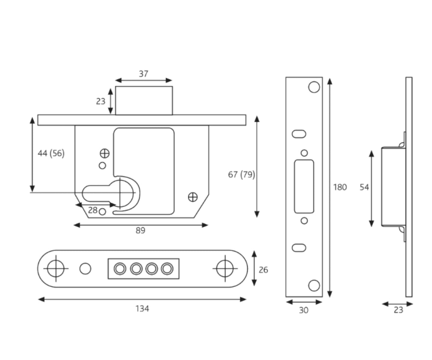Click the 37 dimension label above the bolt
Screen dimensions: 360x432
click(x=144, y=74)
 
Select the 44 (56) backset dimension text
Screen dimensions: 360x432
click(x=51, y=154)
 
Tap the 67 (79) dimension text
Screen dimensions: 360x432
click(x=241, y=175)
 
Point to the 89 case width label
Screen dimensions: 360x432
click(x=140, y=230)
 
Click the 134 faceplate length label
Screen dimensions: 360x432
click(x=142, y=309)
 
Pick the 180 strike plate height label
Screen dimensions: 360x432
click(x=340, y=187)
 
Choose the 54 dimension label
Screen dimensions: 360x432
click(x=364, y=187)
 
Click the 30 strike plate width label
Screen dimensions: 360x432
click(x=304, y=311)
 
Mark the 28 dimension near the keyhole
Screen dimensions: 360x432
click(x=93, y=210)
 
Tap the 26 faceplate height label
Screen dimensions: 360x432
click(x=263, y=270)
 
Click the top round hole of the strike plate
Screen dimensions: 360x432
click(x=314, y=87)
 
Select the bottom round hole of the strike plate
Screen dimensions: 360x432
click(x=314, y=285)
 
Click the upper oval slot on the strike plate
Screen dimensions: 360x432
click(x=299, y=134)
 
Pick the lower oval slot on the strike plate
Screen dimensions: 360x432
click(x=299, y=248)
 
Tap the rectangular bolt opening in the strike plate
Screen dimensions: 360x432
click(x=304, y=186)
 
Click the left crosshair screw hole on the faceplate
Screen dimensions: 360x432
click(x=56, y=268)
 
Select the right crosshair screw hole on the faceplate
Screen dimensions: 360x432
click(x=225, y=268)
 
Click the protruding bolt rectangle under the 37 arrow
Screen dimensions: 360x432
click(x=144, y=100)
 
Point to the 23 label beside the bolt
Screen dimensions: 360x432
click(x=101, y=101)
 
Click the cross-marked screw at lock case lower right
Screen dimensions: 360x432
click(x=193, y=197)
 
